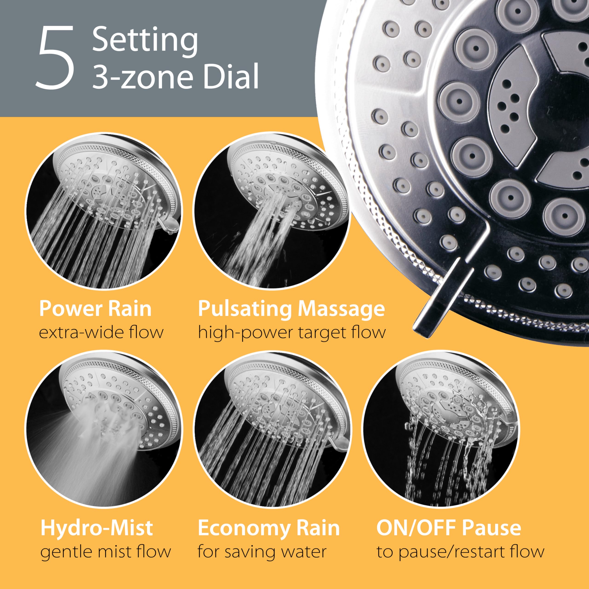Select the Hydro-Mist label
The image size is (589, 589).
(97, 528)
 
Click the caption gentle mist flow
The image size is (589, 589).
(105, 551)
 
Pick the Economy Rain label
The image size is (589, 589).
(269, 528)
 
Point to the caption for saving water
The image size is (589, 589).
(262, 551)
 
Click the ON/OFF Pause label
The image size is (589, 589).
(448, 528)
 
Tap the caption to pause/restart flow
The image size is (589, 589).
(460, 551)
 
